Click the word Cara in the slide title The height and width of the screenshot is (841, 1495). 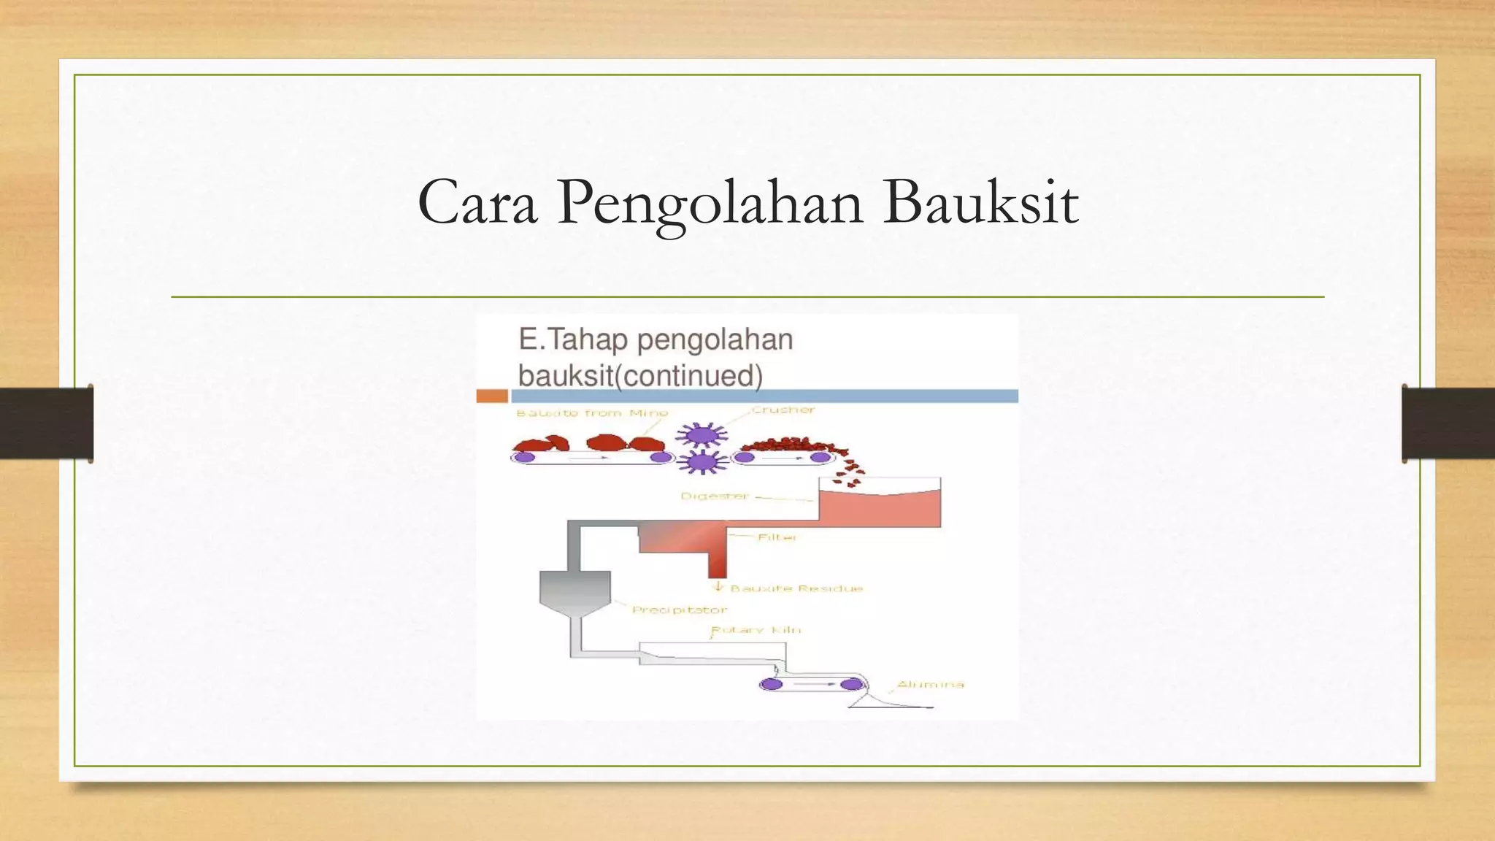pyautogui.click(x=477, y=203)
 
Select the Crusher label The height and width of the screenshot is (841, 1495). pyautogui.click(x=783, y=410)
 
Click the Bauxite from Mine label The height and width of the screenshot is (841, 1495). pyautogui.click(x=592, y=413)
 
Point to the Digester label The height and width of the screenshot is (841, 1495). pyautogui.click(x=715, y=496)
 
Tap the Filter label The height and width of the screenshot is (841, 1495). pyautogui.click(x=777, y=537)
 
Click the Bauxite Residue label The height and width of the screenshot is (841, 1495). pyautogui.click(x=796, y=588)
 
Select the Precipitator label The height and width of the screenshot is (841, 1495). pyautogui.click(x=680, y=610)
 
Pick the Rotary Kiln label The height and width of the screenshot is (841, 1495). pyautogui.click(x=756, y=630)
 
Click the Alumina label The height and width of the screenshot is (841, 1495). pyautogui.click(x=930, y=685)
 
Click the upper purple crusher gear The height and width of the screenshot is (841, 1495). pyautogui.click(x=702, y=436)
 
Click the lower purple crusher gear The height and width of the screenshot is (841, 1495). pyautogui.click(x=702, y=462)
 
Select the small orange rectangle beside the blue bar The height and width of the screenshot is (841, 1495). pyautogui.click(x=492, y=396)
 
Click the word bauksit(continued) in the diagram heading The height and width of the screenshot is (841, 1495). pyautogui.click(x=640, y=376)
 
